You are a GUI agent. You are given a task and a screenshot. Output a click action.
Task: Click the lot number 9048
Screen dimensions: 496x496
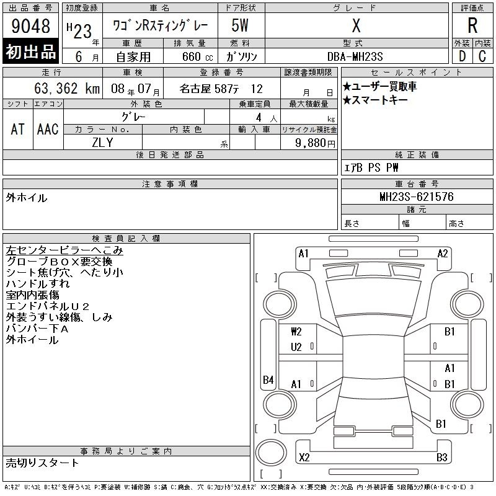[x=30, y=25]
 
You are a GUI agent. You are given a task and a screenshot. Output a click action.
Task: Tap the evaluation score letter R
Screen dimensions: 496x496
[x=472, y=25]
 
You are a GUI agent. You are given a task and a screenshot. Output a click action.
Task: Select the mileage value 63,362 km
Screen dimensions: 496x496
[x=67, y=88]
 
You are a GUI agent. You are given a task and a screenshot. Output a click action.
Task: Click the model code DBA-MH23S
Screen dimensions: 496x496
[x=355, y=56]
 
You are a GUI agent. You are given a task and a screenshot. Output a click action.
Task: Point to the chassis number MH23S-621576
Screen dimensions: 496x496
[x=417, y=197]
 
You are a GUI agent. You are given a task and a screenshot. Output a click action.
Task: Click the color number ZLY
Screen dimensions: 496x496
[x=102, y=143]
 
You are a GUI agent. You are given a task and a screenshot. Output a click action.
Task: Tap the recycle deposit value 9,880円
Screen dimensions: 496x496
[x=315, y=143]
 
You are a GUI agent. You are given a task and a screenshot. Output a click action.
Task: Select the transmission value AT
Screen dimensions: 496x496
[x=18, y=129]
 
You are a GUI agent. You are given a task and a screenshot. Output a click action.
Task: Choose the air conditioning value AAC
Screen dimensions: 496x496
[x=48, y=129]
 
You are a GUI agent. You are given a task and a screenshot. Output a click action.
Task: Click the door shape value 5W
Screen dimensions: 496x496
[x=240, y=25]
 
